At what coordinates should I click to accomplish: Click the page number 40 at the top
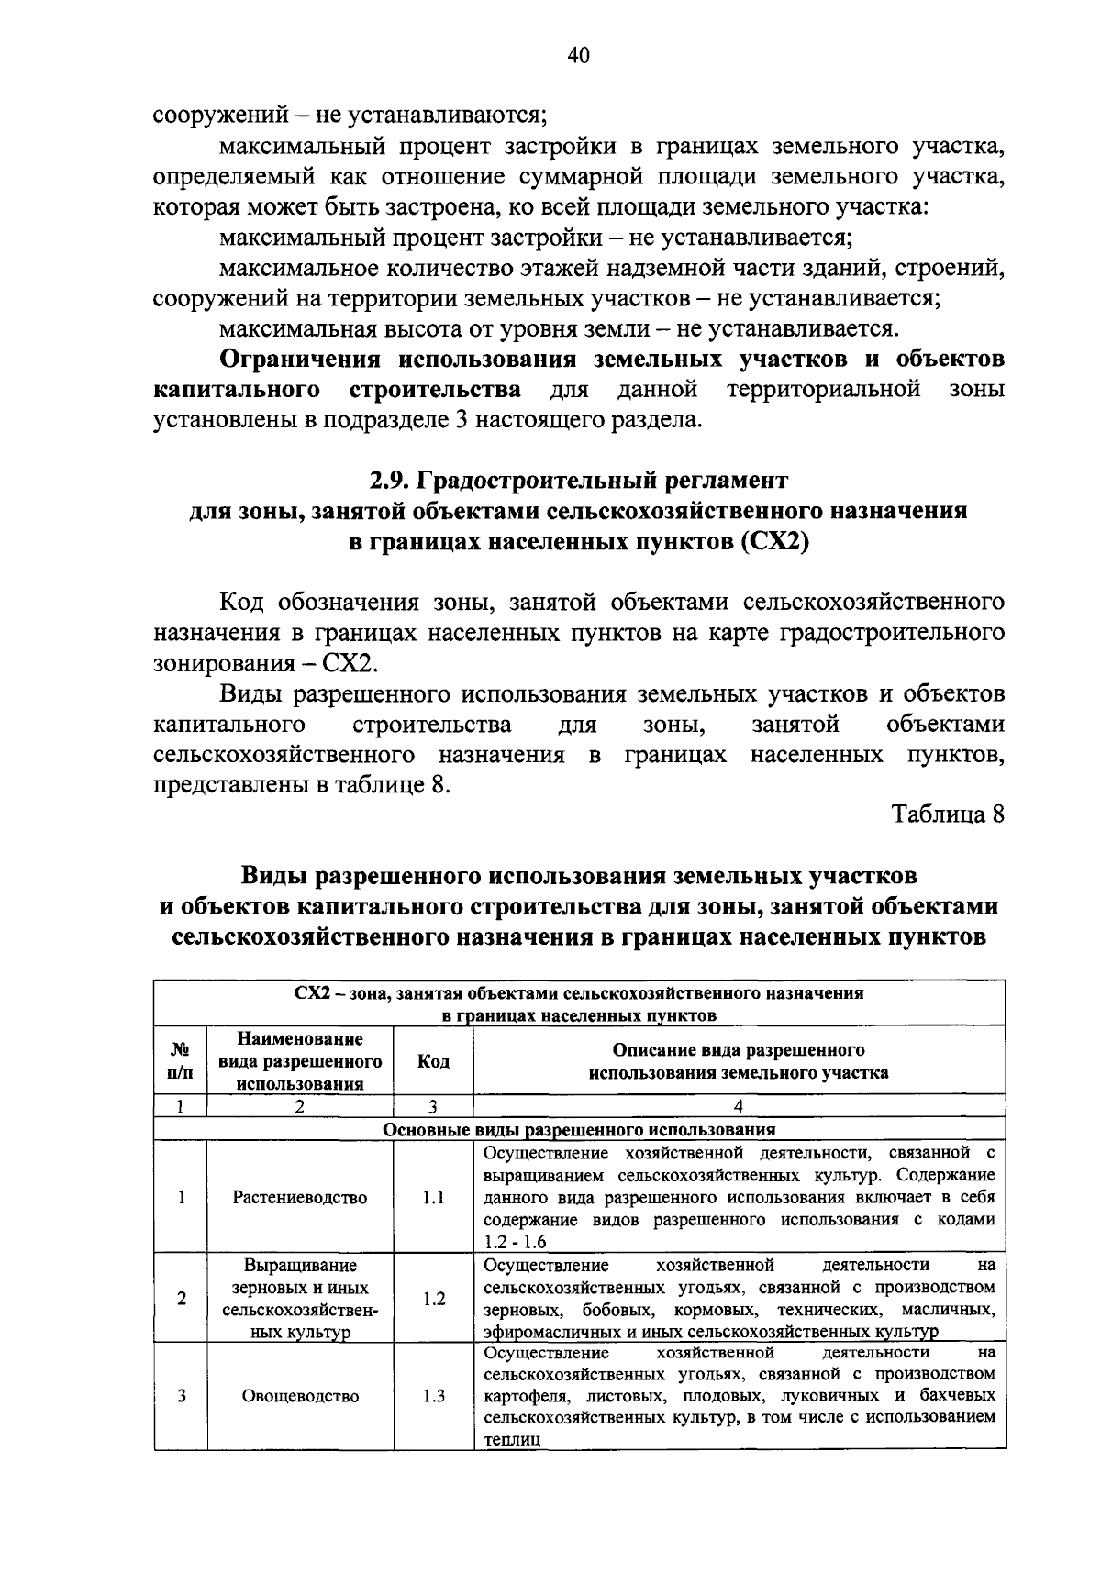click(578, 56)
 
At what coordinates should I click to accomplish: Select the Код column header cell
click(433, 1061)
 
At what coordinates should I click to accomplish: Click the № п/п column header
click(181, 1061)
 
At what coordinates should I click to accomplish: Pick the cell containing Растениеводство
click(300, 1198)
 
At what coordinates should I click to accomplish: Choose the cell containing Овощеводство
click(300, 1397)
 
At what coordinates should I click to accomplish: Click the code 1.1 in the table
click(433, 1198)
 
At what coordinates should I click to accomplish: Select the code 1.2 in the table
click(433, 1298)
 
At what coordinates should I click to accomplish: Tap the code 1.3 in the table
click(433, 1397)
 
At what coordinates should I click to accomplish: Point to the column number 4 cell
click(739, 1106)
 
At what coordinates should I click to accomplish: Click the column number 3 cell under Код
click(432, 1106)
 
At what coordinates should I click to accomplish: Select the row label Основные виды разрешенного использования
click(579, 1129)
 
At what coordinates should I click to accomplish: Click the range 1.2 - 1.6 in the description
click(516, 1242)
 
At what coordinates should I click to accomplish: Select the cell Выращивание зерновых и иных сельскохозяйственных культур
click(300, 1298)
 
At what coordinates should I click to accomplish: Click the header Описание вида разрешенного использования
click(739, 1061)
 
